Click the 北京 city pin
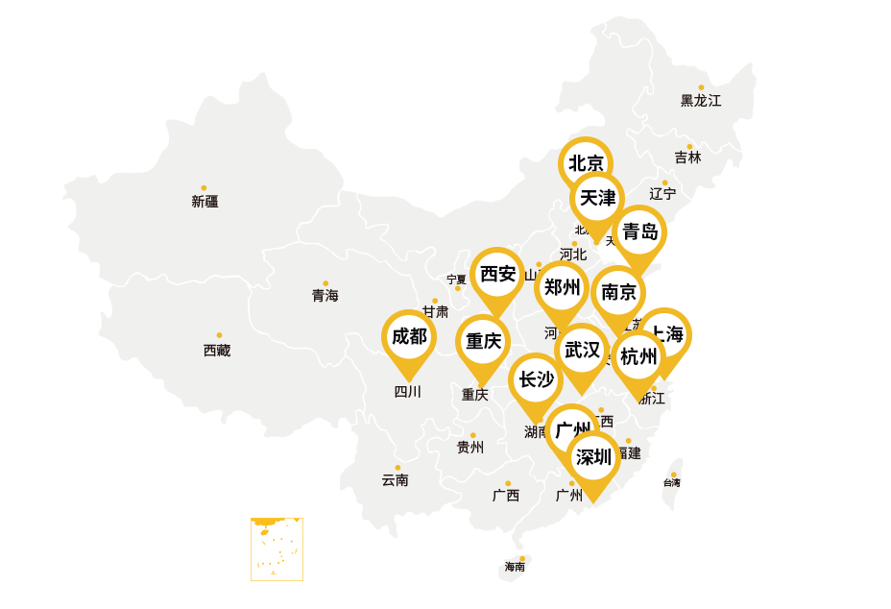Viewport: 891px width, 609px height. (x=585, y=163)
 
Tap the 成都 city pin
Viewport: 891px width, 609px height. (x=409, y=337)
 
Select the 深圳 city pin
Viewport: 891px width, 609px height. (x=593, y=457)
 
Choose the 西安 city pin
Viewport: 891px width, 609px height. (x=497, y=275)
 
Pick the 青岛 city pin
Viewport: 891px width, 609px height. (x=639, y=231)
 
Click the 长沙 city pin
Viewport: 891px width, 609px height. (x=536, y=380)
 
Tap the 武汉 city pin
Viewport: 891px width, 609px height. (x=582, y=351)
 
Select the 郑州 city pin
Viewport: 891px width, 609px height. (x=562, y=288)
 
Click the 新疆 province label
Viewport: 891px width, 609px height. (x=205, y=202)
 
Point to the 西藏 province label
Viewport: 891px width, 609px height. (x=217, y=351)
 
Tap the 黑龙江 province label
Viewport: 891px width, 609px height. (x=701, y=100)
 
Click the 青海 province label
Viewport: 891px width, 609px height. (x=325, y=296)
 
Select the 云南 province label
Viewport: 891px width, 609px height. (x=395, y=480)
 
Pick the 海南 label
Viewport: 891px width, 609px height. (x=516, y=567)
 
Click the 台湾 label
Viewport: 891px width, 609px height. (x=671, y=483)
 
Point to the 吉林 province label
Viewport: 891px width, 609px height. (x=687, y=158)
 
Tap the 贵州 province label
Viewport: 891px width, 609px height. (x=470, y=448)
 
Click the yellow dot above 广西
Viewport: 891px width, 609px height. (x=508, y=483)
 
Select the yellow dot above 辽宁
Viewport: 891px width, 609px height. (x=664, y=183)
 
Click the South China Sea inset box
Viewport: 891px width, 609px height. (x=277, y=549)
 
